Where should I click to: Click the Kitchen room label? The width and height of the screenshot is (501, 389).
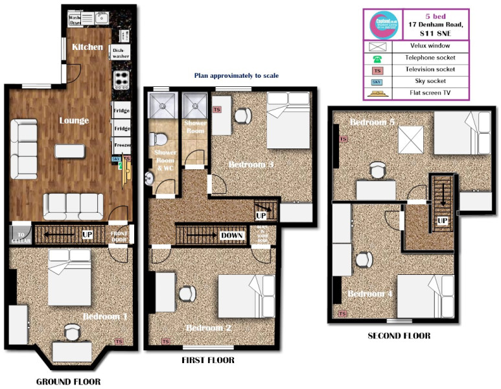pyautogui.click(x=87, y=47)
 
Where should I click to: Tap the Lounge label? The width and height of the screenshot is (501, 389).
pyautogui.click(x=74, y=121)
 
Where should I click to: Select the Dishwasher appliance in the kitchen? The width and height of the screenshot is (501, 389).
pyautogui.click(x=121, y=53)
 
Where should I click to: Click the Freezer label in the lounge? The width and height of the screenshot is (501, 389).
pyautogui.click(x=122, y=145)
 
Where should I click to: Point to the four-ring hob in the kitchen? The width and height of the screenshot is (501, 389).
pyautogui.click(x=122, y=80)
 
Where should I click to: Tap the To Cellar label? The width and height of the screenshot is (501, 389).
pyautogui.click(x=20, y=235)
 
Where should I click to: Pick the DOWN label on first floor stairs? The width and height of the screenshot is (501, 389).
pyautogui.click(x=231, y=235)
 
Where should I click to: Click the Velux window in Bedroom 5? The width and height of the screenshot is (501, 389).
pyautogui.click(x=410, y=139)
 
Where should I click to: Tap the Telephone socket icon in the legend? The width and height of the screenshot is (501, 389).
pyautogui.click(x=377, y=58)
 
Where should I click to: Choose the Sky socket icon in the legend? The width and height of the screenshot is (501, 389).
pyautogui.click(x=377, y=82)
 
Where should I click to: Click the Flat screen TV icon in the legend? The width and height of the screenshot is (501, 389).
pyautogui.click(x=377, y=94)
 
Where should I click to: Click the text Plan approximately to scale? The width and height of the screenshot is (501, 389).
pyautogui.click(x=237, y=76)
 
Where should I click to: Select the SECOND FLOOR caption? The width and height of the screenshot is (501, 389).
pyautogui.click(x=399, y=336)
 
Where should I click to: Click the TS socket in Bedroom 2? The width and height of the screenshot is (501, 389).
pyautogui.click(x=165, y=341)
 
